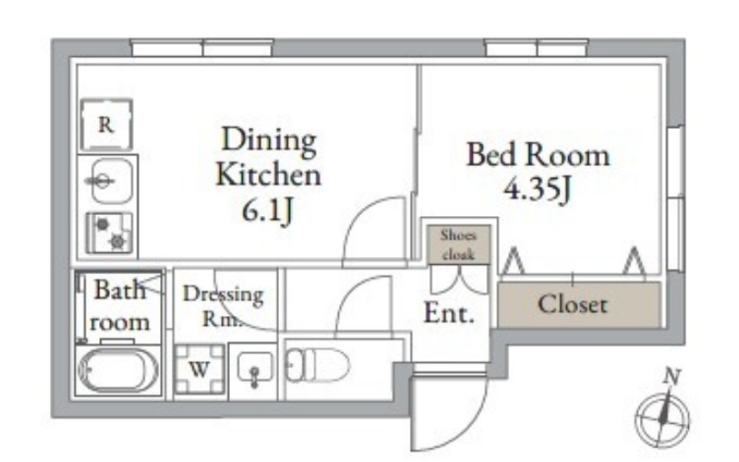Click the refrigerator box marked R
point(106,126)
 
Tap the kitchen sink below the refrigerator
point(106,181)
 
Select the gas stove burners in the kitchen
point(109,231)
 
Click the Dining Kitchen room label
point(268,156)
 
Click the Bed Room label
point(537,154)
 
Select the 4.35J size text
point(537,191)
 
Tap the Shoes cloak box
point(458,243)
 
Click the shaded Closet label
point(573,304)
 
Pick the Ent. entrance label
point(449,315)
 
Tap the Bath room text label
point(119,306)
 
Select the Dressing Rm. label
point(223,306)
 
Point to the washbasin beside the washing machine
point(254,369)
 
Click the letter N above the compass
point(672,376)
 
